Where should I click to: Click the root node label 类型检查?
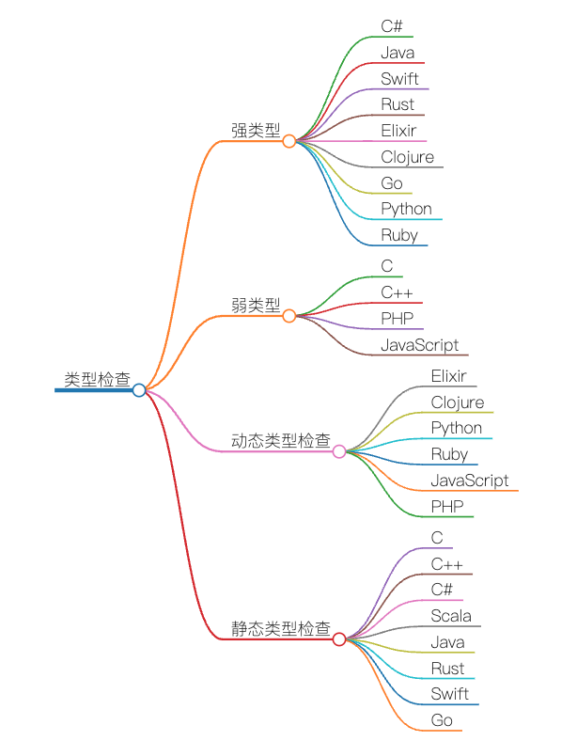[x=97, y=379]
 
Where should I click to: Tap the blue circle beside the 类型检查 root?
[x=139, y=390]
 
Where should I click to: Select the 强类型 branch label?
[x=256, y=131]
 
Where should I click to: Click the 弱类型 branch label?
[x=256, y=305]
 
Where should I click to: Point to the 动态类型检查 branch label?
[x=280, y=440]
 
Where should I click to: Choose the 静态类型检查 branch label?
[x=280, y=628]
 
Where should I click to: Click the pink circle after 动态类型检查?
[x=339, y=451]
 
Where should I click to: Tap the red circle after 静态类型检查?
[x=339, y=639]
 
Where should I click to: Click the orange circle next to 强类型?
[x=289, y=141]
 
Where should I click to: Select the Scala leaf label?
[x=451, y=616]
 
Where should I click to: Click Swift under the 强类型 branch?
[x=399, y=79]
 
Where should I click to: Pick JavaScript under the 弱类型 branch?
[x=419, y=345]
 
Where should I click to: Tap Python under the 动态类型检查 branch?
[x=456, y=428]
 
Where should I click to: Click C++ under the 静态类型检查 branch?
[x=446, y=564]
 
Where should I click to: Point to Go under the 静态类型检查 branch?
[x=442, y=720]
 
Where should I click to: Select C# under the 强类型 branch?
[x=392, y=26]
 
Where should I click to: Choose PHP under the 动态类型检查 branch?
[x=446, y=507]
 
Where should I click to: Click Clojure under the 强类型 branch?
[x=407, y=157]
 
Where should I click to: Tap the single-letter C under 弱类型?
[x=387, y=266]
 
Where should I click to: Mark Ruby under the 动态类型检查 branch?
[x=449, y=454]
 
